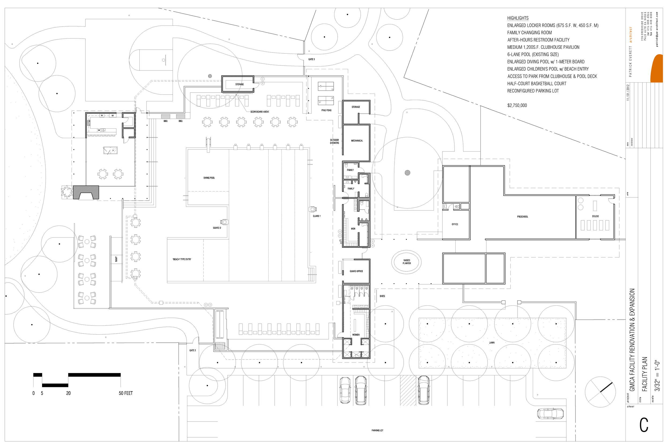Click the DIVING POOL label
coord(209,178)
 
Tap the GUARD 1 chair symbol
coord(312,209)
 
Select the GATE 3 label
coord(311,59)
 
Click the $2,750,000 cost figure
coord(517,105)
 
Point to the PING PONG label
coord(326,110)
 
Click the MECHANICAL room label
coord(357,141)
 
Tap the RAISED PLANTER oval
coord(407,262)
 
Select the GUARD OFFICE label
coord(356,271)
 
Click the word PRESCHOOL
coord(522,217)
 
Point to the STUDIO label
coord(595,216)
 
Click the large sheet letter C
coord(644,425)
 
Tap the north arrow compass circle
coord(600,392)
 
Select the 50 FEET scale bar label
coord(126,393)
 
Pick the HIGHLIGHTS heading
coord(518,18)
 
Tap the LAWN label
coord(492,343)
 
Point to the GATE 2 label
coord(193,351)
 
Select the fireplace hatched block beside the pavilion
coord(86,193)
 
